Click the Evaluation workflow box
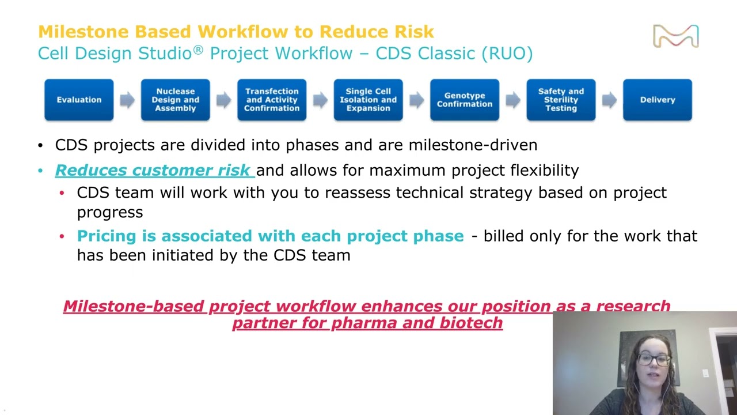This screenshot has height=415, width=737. coord(79,100)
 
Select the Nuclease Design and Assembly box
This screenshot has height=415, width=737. coord(175,100)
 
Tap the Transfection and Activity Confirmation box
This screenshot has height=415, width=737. coord(272,100)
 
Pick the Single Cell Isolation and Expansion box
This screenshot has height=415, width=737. coord(368,100)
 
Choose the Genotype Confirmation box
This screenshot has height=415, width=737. coord(464,100)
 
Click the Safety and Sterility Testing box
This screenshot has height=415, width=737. coord(561,100)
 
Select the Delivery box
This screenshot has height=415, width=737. coord(657,100)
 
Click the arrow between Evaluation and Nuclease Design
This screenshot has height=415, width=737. coord(127,100)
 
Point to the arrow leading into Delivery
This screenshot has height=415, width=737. coord(609,100)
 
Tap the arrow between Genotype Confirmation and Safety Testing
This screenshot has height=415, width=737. coord(512,100)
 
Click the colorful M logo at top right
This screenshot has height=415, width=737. coord(675,36)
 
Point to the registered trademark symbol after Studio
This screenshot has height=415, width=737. coord(198,50)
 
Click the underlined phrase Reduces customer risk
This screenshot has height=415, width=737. coord(153,171)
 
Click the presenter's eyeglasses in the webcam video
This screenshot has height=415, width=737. coord(654,360)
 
